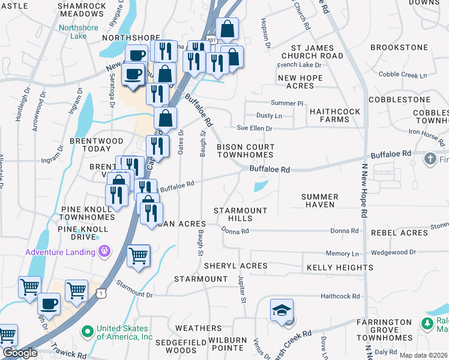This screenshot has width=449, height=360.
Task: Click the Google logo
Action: click(19, 353)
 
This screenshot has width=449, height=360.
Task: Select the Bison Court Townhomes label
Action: click(246, 151)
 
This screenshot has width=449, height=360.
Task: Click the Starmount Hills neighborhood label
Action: click(241, 214)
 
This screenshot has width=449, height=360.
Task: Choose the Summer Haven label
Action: click(320, 200)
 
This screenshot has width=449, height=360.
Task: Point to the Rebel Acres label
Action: click(399, 233)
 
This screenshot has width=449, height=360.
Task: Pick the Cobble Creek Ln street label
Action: click(402, 75)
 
